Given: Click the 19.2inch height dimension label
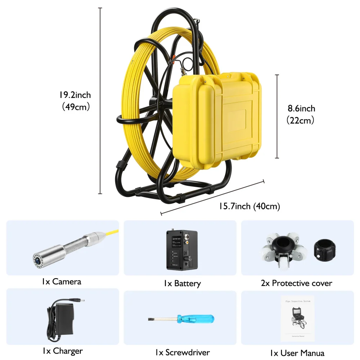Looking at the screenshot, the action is (x=75, y=95).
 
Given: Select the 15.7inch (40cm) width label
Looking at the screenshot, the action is (x=249, y=206).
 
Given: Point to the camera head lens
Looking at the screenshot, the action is (x=37, y=258).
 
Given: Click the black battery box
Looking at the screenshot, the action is (x=181, y=250).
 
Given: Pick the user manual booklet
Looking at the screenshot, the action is (x=297, y=318).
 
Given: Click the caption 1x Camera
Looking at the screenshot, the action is (x=61, y=282).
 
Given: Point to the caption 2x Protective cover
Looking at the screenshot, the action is (x=296, y=283).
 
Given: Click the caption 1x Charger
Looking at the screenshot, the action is (x=62, y=351).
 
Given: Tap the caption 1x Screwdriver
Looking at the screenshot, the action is (x=183, y=352).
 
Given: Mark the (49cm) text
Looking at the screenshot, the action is (x=75, y=107).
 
